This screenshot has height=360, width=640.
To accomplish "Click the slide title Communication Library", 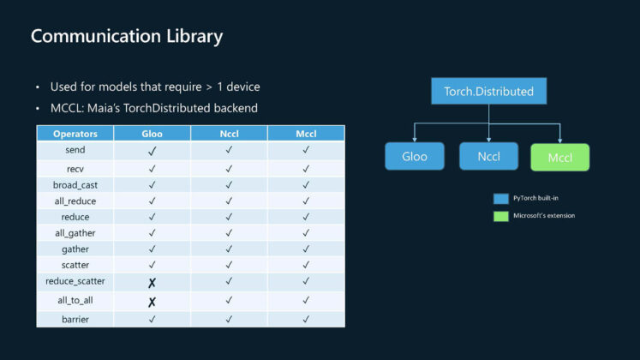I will pos(127,37).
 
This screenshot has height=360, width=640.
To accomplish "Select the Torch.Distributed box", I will pos(488,91).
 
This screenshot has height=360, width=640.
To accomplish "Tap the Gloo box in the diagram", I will pos(415,157).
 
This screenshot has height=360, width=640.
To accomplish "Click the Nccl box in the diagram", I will pos(488,157).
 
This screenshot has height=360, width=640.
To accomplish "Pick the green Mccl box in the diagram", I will pos(559,158).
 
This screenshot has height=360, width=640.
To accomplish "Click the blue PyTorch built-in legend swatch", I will pos(500,197).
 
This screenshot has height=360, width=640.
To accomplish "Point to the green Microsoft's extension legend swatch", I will pos(500,215).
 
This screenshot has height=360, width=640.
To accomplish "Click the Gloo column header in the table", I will pos(152,134).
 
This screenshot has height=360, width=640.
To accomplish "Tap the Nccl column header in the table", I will pos(229,134).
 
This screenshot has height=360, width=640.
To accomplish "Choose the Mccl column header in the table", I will pos(306,134).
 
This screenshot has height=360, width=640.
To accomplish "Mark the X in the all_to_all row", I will pos(152,302).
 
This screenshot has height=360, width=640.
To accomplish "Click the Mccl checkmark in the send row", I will pos(306,150).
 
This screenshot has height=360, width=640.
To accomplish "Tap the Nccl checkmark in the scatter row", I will pos(229,265).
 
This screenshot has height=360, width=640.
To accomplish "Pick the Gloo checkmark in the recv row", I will pos(152,167).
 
